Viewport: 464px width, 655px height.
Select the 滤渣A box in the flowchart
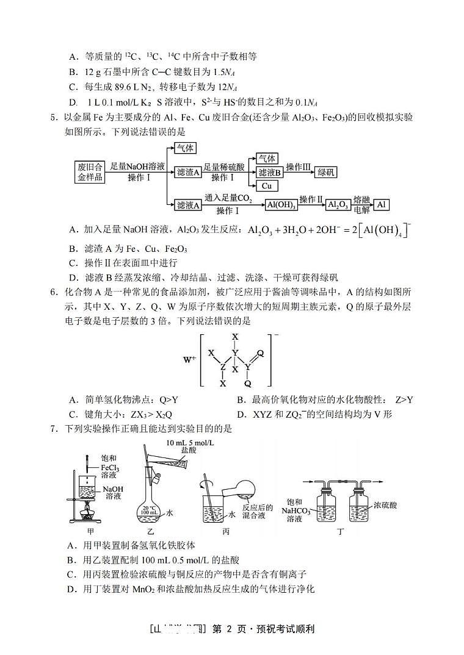188,173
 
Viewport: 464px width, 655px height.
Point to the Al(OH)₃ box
281,206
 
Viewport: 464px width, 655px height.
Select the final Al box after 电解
381,205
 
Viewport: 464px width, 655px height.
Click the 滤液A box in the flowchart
188,206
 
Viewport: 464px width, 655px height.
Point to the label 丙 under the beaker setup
226,532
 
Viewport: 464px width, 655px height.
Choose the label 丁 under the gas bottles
341,532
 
